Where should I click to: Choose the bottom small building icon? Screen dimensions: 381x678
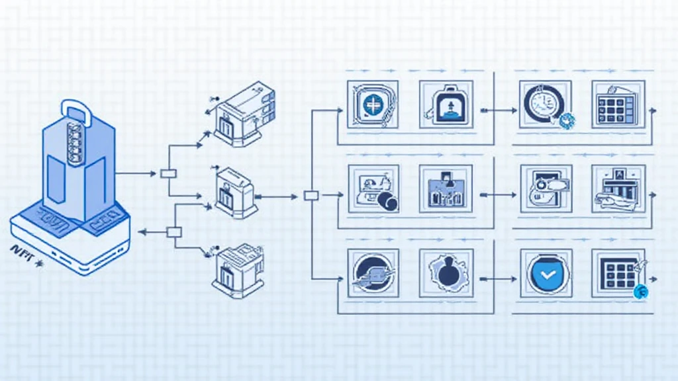[238, 271]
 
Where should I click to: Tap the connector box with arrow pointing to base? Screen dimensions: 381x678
[173, 232]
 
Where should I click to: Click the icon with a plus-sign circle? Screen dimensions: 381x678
[373, 105]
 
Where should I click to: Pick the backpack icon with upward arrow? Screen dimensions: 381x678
[446, 105]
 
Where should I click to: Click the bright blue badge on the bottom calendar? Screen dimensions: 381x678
[640, 292]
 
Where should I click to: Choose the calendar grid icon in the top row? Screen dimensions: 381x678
[617, 105]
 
